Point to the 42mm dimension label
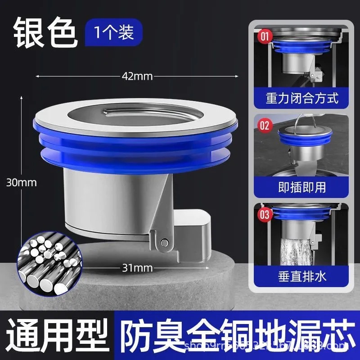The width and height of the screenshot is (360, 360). click(x=137, y=76)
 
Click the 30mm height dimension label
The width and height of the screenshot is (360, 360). click(x=21, y=182)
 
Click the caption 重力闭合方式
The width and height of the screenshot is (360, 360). click(x=301, y=98)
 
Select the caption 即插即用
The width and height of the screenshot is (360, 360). click(x=301, y=186)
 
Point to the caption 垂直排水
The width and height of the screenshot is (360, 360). click(x=301, y=275)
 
